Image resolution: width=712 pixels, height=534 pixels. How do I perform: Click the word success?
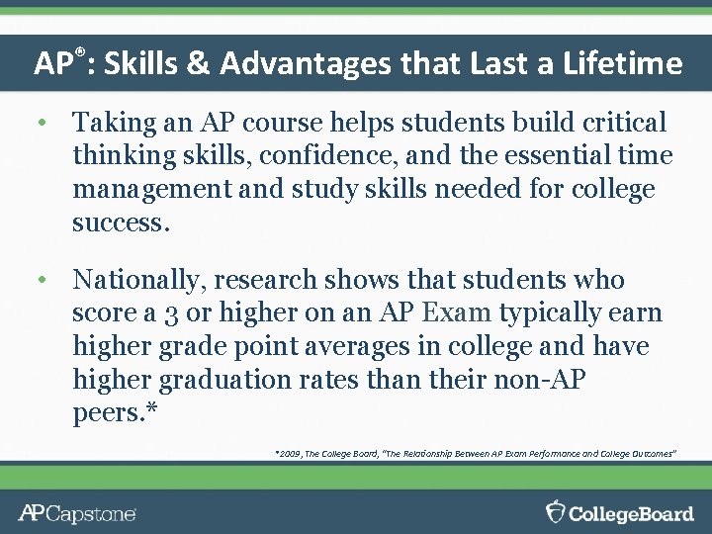(x=121, y=222)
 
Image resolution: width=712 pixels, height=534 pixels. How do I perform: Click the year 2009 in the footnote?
(x=292, y=453)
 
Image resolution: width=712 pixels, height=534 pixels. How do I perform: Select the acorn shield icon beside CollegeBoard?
(x=557, y=511)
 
